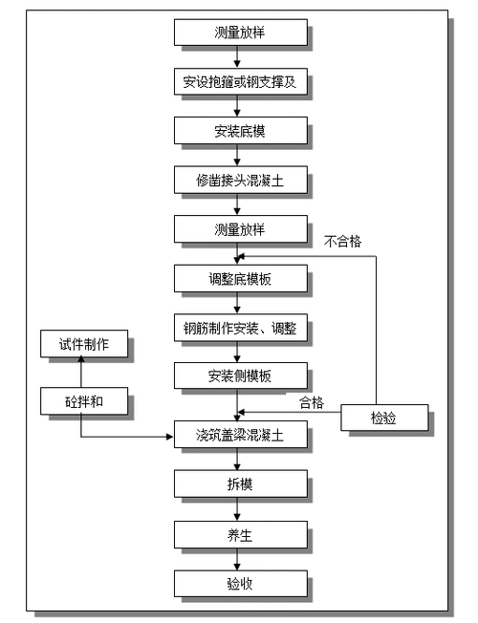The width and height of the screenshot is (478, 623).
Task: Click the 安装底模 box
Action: click(x=240, y=129)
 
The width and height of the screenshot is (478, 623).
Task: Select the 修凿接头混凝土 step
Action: click(x=240, y=179)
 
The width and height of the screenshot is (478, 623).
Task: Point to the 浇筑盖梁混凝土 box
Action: click(x=240, y=435)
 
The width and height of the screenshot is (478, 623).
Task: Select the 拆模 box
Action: click(x=240, y=484)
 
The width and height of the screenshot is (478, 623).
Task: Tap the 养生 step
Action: click(x=240, y=534)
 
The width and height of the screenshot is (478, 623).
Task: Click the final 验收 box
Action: click(x=240, y=584)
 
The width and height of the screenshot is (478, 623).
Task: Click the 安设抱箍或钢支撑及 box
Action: click(x=240, y=81)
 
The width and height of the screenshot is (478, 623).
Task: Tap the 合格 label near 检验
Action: click(x=312, y=402)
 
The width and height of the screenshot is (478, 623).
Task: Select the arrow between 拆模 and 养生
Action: click(x=240, y=509)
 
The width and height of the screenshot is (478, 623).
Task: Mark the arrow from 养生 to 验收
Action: click(x=240, y=559)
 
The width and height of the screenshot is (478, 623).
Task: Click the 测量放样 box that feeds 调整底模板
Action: click(x=240, y=228)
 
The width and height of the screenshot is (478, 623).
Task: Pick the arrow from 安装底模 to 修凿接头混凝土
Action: click(x=240, y=154)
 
